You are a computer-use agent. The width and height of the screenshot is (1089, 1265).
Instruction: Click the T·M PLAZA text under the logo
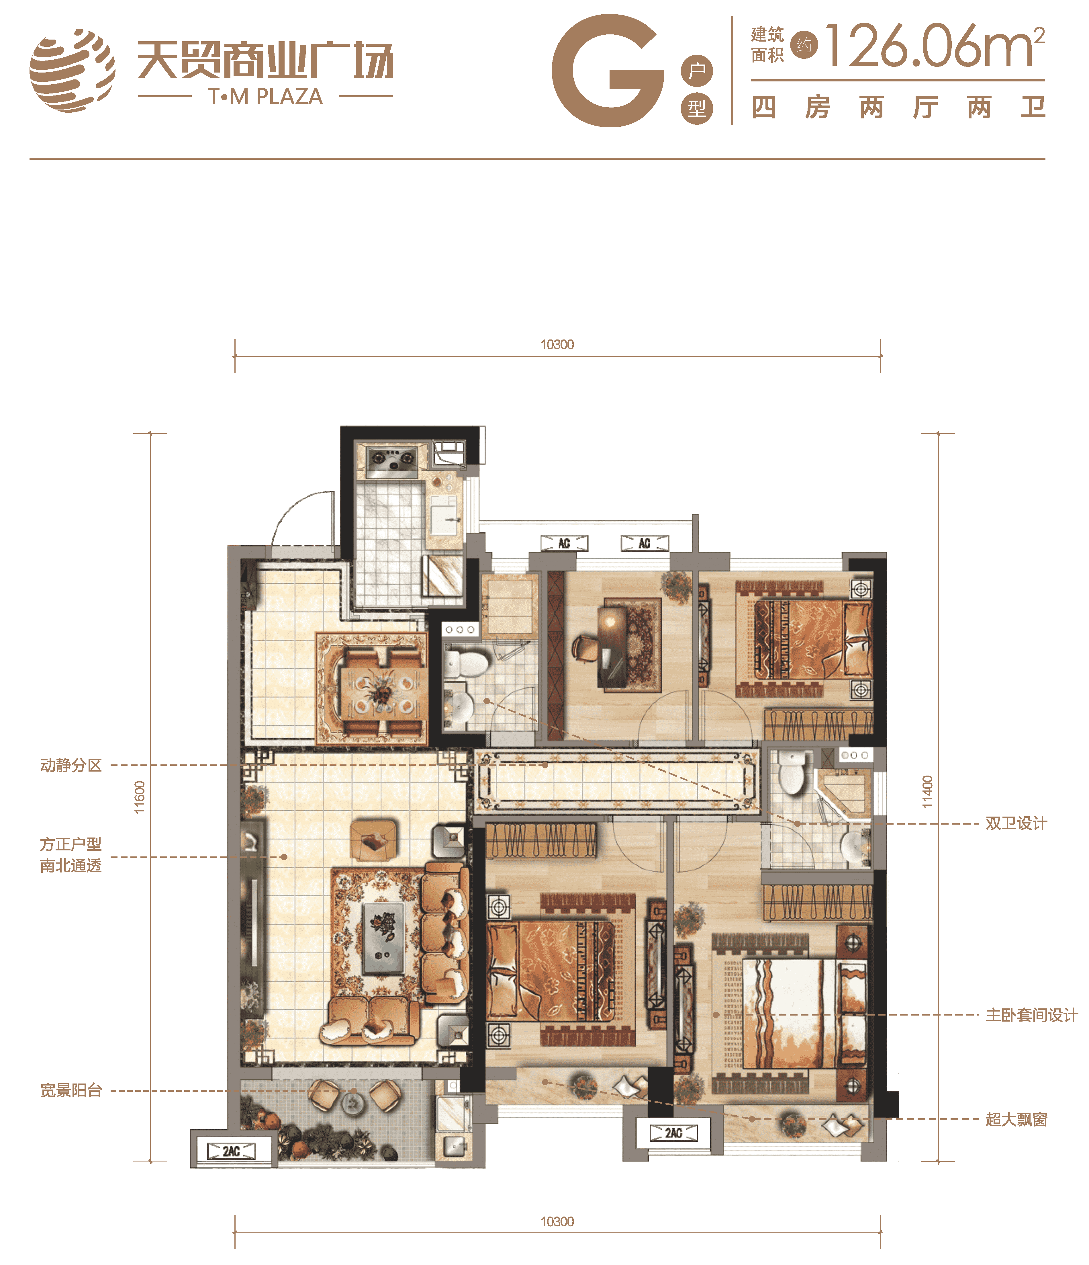[x=265, y=96]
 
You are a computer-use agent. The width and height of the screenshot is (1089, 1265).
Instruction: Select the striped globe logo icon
[x=72, y=70]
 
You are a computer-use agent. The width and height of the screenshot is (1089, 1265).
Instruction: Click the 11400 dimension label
[x=927, y=792]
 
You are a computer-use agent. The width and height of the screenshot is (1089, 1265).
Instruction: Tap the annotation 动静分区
[x=71, y=765]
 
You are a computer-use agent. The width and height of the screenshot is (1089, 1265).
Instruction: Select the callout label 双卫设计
[x=1016, y=823]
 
